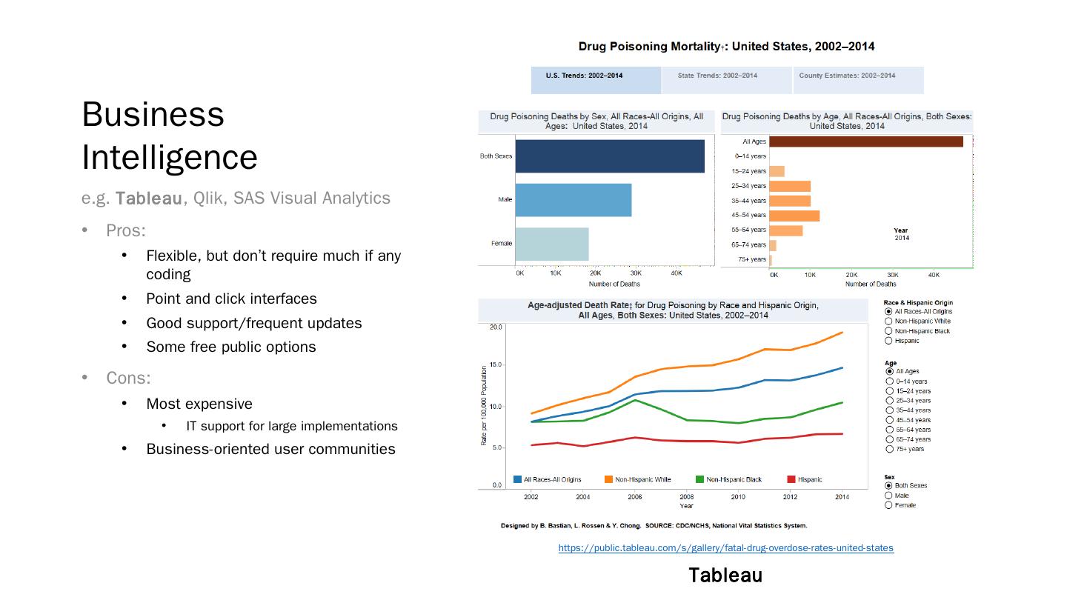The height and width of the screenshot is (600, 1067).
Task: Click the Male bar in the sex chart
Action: point(573,200)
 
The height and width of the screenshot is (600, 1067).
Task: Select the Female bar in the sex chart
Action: point(551,244)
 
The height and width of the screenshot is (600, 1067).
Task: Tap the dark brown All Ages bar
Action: point(865,141)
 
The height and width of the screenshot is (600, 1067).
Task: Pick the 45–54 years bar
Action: point(794,216)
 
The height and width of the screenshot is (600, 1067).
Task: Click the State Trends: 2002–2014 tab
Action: point(717,76)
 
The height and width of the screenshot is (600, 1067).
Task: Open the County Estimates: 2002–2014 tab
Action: point(847,76)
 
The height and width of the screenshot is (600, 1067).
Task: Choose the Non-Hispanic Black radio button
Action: point(888,331)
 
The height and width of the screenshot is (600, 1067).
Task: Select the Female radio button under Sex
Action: point(888,505)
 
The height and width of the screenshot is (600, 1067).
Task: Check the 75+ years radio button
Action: point(889,449)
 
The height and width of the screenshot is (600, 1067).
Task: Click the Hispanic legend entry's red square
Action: point(791,479)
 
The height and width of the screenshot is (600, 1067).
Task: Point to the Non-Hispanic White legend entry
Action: point(642,479)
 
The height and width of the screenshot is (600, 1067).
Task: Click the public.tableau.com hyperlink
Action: point(725,548)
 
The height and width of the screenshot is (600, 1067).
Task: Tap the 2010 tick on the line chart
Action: point(738,496)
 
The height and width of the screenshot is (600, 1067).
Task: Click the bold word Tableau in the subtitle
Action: point(148,199)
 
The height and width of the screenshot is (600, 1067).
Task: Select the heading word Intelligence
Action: point(170,157)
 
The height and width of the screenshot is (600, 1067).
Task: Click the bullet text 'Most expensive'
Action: point(199,404)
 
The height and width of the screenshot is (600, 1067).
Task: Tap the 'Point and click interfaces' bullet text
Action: point(231,299)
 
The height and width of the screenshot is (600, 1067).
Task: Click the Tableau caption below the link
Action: point(725,576)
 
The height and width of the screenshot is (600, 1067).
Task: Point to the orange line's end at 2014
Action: point(842,333)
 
